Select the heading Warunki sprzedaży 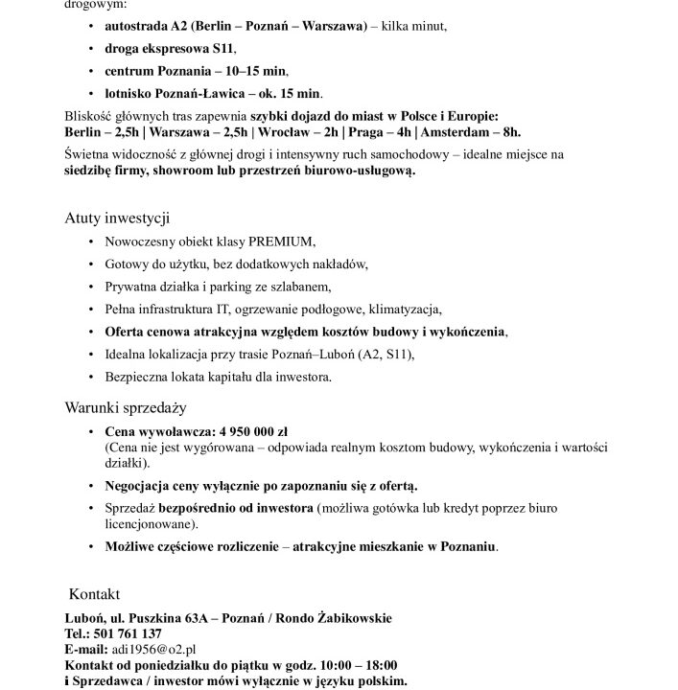click(x=125, y=407)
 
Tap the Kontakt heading click(x=95, y=594)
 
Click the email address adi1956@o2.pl click(x=153, y=649)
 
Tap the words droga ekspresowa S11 click(x=169, y=50)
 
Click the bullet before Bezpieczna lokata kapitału click(x=91, y=378)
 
